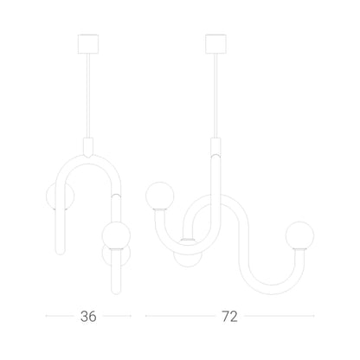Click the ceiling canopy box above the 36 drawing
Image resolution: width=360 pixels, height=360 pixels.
(x=88, y=44)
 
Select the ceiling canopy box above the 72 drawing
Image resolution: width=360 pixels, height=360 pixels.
(x=215, y=44)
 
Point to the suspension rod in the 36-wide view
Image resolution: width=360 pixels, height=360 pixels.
(x=88, y=96)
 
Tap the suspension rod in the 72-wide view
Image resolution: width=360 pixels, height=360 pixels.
(x=215, y=96)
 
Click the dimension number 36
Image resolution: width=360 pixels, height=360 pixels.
(x=88, y=317)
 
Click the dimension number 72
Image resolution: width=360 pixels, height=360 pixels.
(x=229, y=317)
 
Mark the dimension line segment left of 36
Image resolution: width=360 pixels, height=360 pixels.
(x=60, y=316)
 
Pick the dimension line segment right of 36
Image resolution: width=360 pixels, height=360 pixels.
(x=117, y=316)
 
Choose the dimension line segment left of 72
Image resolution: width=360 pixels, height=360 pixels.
(x=180, y=316)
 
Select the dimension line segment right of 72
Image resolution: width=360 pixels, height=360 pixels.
(x=280, y=316)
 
